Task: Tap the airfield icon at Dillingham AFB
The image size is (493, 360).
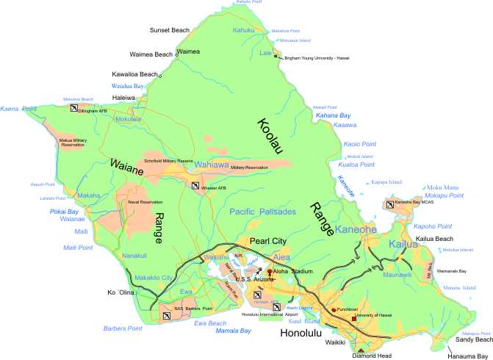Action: click(75, 108)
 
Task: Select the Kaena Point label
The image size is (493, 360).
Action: click(19, 109)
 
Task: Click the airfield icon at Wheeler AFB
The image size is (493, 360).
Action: click(195, 187)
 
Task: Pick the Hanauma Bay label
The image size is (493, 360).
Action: click(467, 355)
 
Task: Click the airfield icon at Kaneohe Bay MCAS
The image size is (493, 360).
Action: click(389, 205)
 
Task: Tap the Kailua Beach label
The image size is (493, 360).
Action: click(456, 240)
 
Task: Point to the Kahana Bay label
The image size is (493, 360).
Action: click(333, 116)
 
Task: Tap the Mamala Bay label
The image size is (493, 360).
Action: click(233, 331)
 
